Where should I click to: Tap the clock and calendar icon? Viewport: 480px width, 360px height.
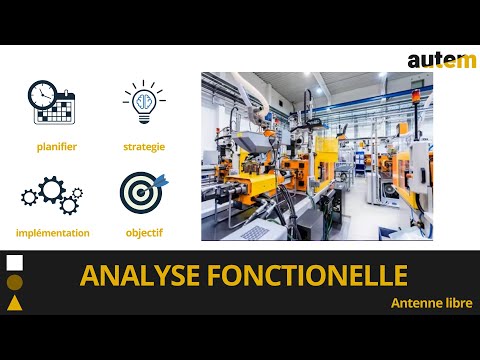click(51, 102)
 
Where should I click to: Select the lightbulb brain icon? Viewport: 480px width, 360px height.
click(144, 102)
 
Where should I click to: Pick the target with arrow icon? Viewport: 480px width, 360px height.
click(143, 193)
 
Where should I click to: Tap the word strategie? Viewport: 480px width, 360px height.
click(144, 147)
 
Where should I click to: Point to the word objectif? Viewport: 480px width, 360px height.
click(144, 233)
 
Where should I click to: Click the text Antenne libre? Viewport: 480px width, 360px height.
click(431, 302)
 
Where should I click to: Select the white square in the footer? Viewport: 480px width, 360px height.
click(15, 263)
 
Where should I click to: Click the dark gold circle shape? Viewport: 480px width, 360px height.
click(15, 283)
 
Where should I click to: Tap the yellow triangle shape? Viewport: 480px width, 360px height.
click(15, 303)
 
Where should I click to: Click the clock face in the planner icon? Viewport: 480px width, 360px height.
click(41, 94)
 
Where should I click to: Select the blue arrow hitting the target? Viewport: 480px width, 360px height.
click(160, 181)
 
